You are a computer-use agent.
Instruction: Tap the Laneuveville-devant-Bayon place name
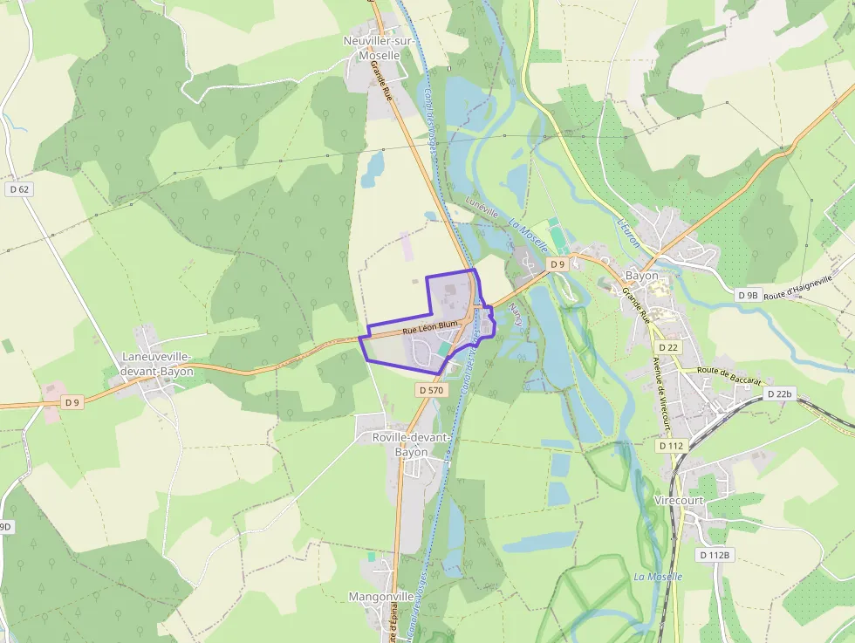click(157, 364)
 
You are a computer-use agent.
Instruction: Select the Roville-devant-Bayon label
click(411, 445)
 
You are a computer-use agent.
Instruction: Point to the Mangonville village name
click(381, 597)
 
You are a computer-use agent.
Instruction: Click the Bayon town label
click(641, 277)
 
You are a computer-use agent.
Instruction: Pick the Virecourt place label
click(680, 501)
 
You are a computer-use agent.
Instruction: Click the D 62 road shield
click(18, 188)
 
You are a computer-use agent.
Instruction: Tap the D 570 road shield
click(432, 390)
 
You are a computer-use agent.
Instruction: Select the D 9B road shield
click(748, 295)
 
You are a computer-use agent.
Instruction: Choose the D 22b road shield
click(780, 394)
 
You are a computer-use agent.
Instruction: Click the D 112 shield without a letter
click(671, 446)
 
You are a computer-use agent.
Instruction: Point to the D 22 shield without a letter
click(668, 347)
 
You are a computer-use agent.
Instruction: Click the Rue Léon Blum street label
click(430, 328)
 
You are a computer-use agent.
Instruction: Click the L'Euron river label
click(627, 231)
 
